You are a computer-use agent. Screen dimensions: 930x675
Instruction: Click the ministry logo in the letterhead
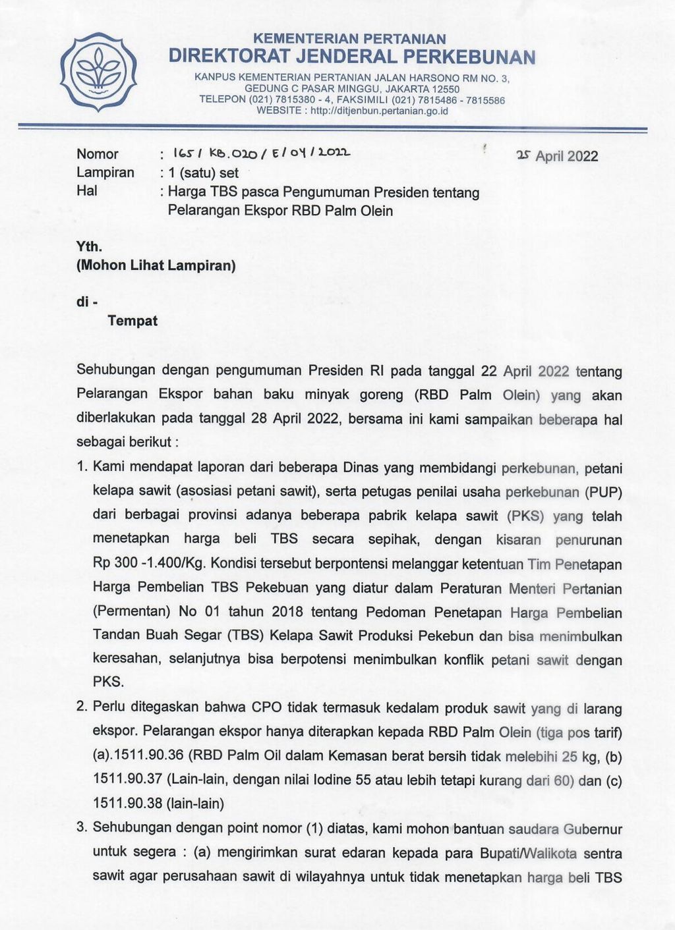pyautogui.click(x=98, y=70)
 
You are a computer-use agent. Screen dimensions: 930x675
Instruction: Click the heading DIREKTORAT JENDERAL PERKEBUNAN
pyautogui.click(x=352, y=57)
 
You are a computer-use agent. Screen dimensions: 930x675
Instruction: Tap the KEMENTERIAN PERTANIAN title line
pyautogui.click(x=349, y=39)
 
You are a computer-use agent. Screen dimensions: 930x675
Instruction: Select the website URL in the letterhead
pyautogui.click(x=379, y=111)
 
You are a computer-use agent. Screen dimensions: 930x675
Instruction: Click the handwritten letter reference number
pyautogui.click(x=262, y=153)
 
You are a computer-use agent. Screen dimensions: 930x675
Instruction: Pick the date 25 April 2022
pyautogui.click(x=558, y=156)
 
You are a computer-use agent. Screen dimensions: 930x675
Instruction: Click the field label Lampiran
pyautogui.click(x=105, y=173)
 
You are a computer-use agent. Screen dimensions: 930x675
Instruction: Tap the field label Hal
pyautogui.click(x=87, y=191)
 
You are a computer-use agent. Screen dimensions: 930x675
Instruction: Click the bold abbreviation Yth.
pyautogui.click(x=90, y=247)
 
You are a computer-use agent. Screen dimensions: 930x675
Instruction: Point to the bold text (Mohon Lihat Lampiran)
pyautogui.click(x=156, y=266)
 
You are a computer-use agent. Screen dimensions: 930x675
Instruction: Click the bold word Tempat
pyautogui.click(x=132, y=321)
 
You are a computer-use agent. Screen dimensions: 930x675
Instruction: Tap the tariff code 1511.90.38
pyautogui.click(x=128, y=804)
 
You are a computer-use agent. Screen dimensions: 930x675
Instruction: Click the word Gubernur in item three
pyautogui.click(x=592, y=829)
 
